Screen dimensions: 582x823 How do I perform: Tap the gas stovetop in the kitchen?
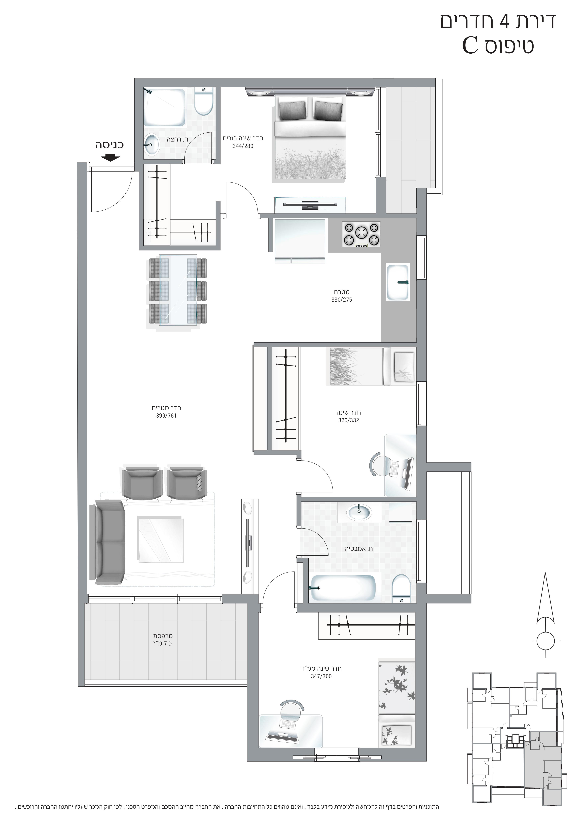(361, 235)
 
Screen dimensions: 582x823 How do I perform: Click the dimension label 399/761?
(166, 416)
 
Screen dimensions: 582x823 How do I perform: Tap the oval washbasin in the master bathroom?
(152, 144)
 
